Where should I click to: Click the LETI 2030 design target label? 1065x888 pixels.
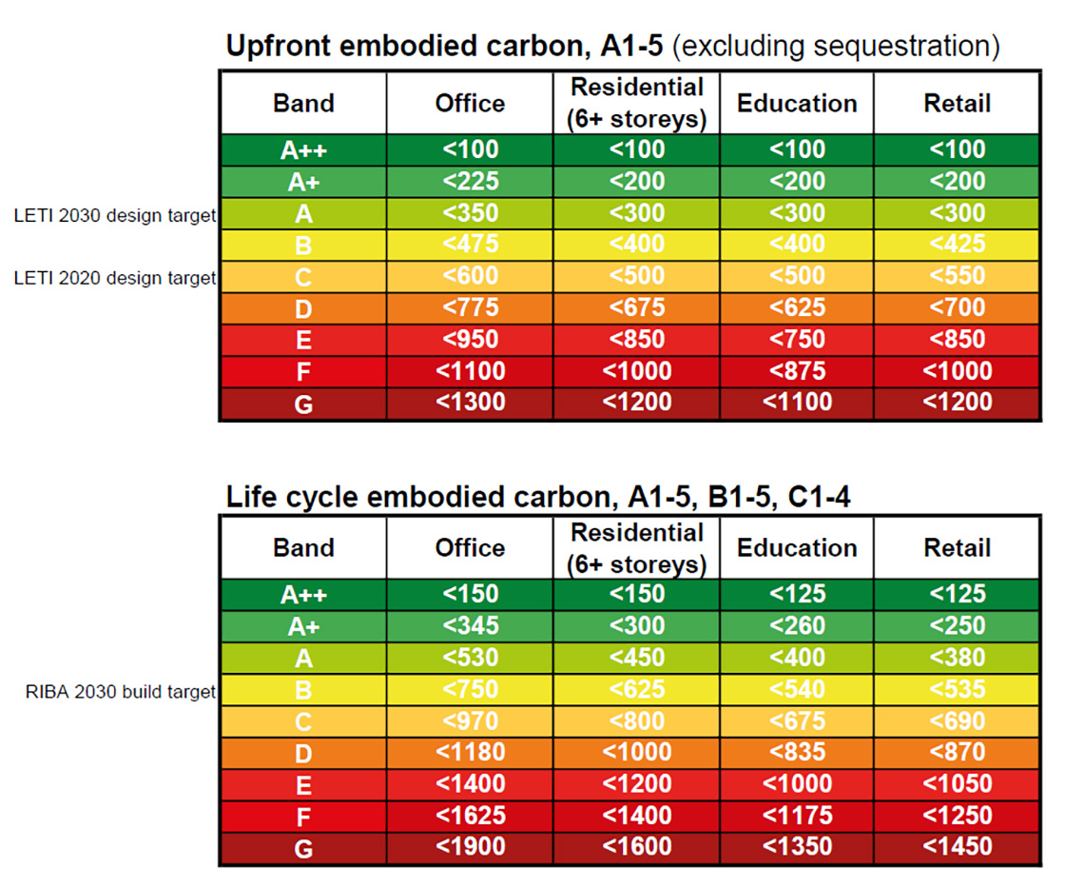[116, 216]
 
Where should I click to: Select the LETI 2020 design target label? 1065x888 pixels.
[116, 278]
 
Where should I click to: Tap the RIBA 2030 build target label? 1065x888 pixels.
[121, 692]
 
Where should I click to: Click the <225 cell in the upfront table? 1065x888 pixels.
[470, 181]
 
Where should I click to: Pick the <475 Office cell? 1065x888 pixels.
[470, 244]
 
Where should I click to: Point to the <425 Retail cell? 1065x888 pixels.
[957, 244]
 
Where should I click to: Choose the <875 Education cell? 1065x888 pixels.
[797, 371]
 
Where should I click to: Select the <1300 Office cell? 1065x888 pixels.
[470, 403]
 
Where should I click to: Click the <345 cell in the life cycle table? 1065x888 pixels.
[470, 626]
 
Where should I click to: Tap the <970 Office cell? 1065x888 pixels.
[470, 720]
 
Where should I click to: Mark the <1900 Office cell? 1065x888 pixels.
[470, 846]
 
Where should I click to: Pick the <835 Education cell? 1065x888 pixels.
[797, 752]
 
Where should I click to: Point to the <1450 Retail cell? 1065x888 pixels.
[957, 846]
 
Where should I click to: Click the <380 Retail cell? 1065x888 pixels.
[957, 658]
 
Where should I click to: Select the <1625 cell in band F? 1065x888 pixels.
[470, 815]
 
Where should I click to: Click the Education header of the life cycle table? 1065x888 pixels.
[797, 549]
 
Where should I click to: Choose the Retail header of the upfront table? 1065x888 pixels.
[957, 104]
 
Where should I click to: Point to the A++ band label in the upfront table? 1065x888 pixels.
[303, 150]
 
